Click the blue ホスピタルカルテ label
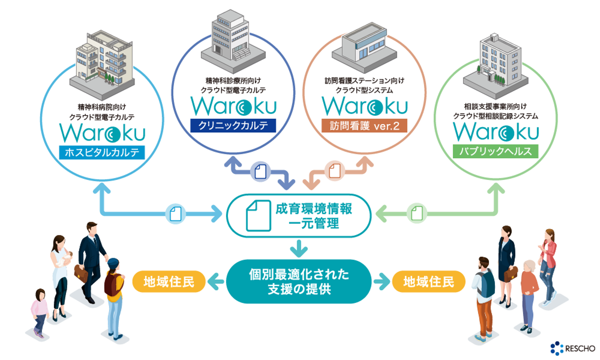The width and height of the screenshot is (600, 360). pyautogui.click(x=102, y=152)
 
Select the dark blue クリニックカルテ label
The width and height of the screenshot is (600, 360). pyautogui.click(x=233, y=125)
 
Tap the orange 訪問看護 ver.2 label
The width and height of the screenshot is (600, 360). pyautogui.click(x=364, y=125)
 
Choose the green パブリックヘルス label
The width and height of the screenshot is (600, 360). pyautogui.click(x=495, y=151)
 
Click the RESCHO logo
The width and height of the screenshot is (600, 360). pyautogui.click(x=572, y=348)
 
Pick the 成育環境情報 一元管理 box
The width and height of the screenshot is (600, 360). pyautogui.click(x=299, y=216)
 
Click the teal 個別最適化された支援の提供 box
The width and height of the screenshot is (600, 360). pyautogui.click(x=299, y=282)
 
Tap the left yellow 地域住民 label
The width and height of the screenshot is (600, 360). pyautogui.click(x=169, y=282)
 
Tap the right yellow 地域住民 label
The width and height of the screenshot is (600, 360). pyautogui.click(x=428, y=282)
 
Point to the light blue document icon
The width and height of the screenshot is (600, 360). pyautogui.click(x=175, y=214)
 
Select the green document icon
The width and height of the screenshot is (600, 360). pyautogui.click(x=417, y=213)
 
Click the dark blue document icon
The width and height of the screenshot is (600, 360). pyautogui.click(x=260, y=171)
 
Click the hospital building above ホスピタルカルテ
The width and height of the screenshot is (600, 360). pyautogui.click(x=102, y=62)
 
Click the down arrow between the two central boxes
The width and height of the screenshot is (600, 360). pyautogui.click(x=299, y=249)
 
